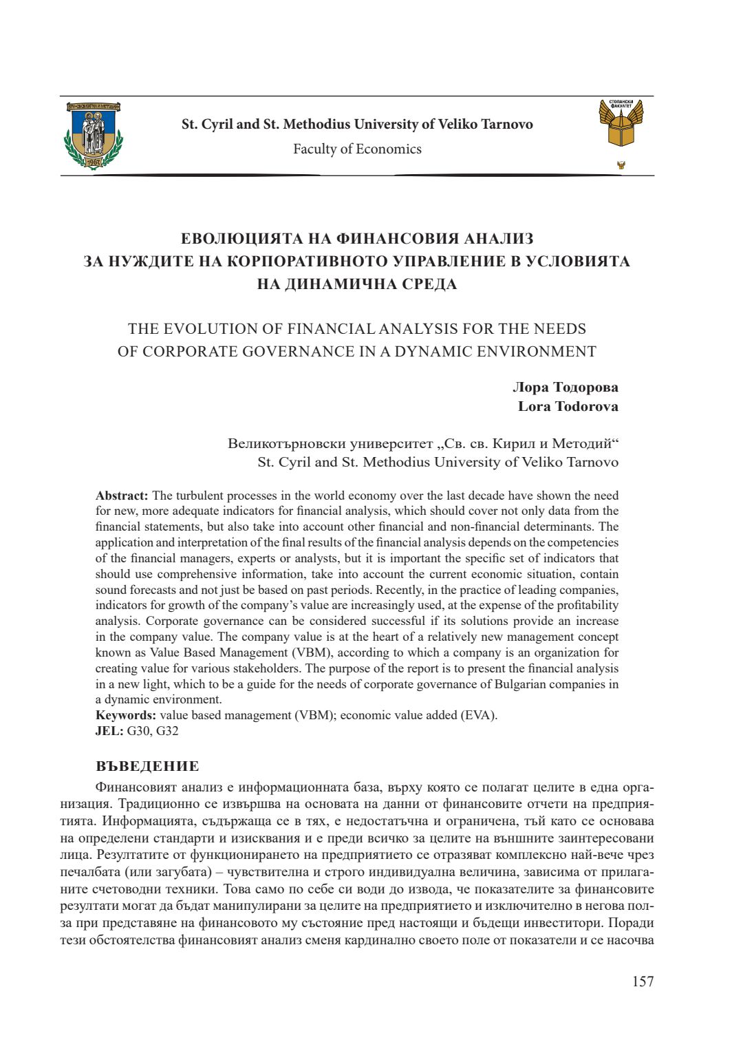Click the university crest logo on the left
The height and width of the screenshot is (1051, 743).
point(94,136)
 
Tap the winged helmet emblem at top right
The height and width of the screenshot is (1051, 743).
point(621,124)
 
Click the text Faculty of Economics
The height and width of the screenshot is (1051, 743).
point(357,149)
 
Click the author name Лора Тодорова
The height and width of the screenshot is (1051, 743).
point(565,387)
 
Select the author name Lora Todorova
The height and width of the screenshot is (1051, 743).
point(568,406)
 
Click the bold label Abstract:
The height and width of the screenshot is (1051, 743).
point(122,496)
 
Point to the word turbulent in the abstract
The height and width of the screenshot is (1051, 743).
point(199,496)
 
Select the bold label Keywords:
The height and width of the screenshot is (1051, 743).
point(126,715)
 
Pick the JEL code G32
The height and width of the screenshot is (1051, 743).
point(167,731)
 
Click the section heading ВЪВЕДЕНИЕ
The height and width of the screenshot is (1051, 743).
point(147,766)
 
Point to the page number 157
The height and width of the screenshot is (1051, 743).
point(643,981)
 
